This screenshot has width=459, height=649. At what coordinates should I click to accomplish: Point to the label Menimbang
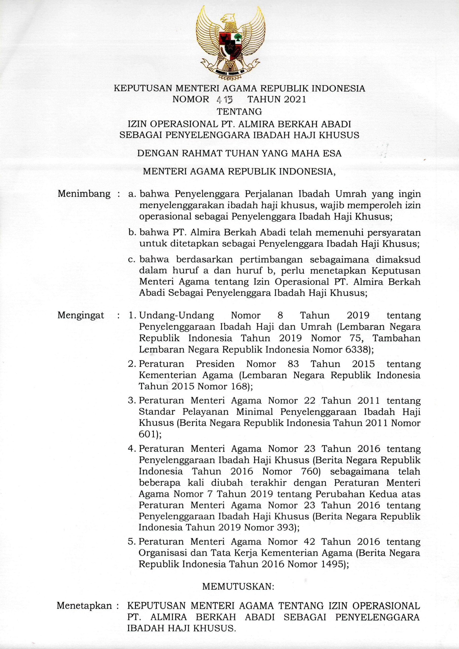click(84, 194)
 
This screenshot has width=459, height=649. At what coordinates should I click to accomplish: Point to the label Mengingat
click(81, 315)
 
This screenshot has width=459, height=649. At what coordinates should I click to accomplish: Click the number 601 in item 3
click(147, 434)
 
